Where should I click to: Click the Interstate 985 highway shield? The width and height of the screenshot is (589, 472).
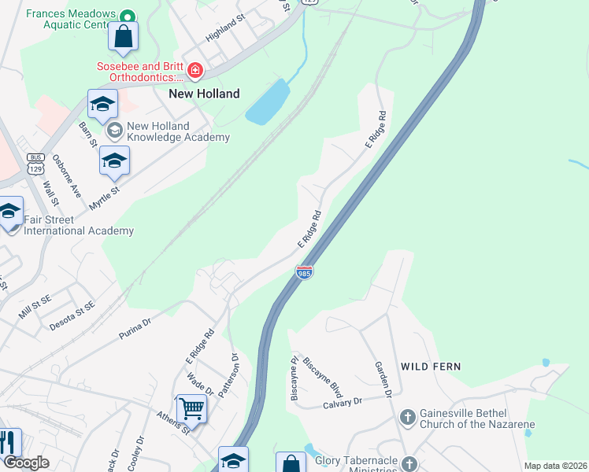[x=305, y=272]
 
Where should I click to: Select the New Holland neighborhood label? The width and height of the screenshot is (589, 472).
[x=204, y=93]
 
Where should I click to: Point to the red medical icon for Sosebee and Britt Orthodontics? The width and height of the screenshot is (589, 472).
[x=194, y=72]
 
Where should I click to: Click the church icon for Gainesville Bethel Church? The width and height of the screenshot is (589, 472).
[x=408, y=416]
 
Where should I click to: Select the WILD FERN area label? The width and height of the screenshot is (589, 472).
[x=431, y=367]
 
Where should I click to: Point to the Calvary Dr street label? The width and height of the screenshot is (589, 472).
[x=342, y=401]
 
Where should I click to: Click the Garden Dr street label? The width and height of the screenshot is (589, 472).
[x=383, y=380]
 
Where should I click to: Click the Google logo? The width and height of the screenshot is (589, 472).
[x=26, y=463]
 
